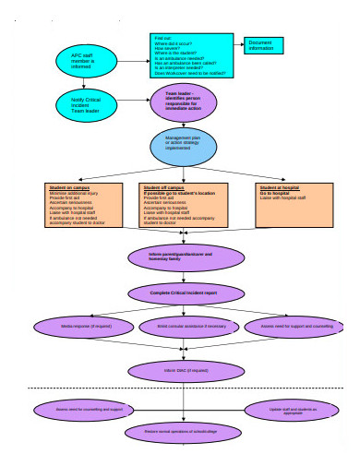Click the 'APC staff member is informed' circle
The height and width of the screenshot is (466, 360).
point(82,60)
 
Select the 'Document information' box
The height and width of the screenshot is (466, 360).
point(267,45)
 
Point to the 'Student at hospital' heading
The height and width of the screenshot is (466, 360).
point(279,187)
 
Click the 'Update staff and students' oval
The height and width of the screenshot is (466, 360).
point(294,409)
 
